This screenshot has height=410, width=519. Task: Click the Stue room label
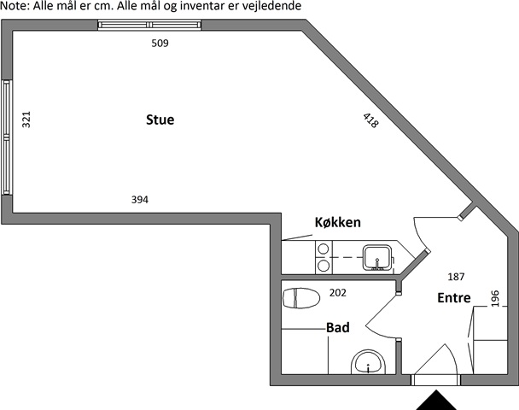[160, 120]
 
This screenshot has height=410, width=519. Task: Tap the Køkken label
[338, 222]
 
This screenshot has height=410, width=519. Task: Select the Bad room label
[338, 327]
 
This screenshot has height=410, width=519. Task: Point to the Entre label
[454, 298]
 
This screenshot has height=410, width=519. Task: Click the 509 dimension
[160, 44]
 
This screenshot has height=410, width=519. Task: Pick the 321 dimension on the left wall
[26, 120]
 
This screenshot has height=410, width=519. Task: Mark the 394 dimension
[140, 200]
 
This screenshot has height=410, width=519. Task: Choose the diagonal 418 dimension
[370, 120]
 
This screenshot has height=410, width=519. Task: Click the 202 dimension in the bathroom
[338, 293]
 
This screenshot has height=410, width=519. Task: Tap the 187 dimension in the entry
[456, 277]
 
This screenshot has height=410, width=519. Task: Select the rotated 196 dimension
[495, 298]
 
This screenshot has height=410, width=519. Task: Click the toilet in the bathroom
[301, 298]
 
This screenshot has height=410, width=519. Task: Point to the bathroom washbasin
[369, 362]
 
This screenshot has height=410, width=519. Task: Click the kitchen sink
[378, 258]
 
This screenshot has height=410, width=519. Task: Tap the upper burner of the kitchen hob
[323, 249]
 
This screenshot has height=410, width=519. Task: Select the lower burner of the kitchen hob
[323, 266]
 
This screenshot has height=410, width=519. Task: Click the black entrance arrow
[436, 401]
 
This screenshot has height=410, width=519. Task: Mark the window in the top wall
[149, 25]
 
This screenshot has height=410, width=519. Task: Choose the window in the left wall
[7, 138]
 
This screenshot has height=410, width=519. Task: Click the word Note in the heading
[15, 6]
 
